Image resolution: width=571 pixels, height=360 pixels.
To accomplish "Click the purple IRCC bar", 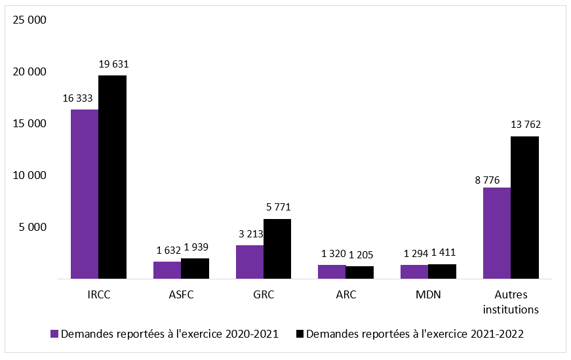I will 85,194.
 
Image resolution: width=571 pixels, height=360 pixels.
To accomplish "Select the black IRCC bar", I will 112,177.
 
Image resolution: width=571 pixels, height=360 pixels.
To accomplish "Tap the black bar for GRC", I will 277,249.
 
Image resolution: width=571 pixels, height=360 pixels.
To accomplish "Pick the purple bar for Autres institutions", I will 496,233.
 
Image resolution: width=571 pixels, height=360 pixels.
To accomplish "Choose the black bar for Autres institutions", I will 524,207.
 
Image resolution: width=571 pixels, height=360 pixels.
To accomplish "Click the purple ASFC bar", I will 167,270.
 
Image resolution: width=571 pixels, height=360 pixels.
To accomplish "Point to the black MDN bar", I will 442,271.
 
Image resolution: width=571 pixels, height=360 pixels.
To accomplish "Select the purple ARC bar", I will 332,272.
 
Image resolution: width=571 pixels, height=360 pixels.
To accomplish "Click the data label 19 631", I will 113,64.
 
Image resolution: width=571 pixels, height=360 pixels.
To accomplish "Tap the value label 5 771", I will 278,207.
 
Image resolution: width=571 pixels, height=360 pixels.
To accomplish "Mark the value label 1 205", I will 361,254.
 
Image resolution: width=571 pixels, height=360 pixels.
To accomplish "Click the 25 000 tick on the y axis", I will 30,20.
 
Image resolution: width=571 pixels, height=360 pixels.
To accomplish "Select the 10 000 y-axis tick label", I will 30,176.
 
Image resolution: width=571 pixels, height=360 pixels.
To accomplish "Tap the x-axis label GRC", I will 263,295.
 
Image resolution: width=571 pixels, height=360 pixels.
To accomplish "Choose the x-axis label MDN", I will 428,295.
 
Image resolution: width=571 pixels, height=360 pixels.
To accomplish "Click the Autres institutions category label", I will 511,302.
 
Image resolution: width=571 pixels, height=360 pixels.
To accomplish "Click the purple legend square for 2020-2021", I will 55,334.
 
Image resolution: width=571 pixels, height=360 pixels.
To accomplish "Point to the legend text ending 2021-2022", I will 415,334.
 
